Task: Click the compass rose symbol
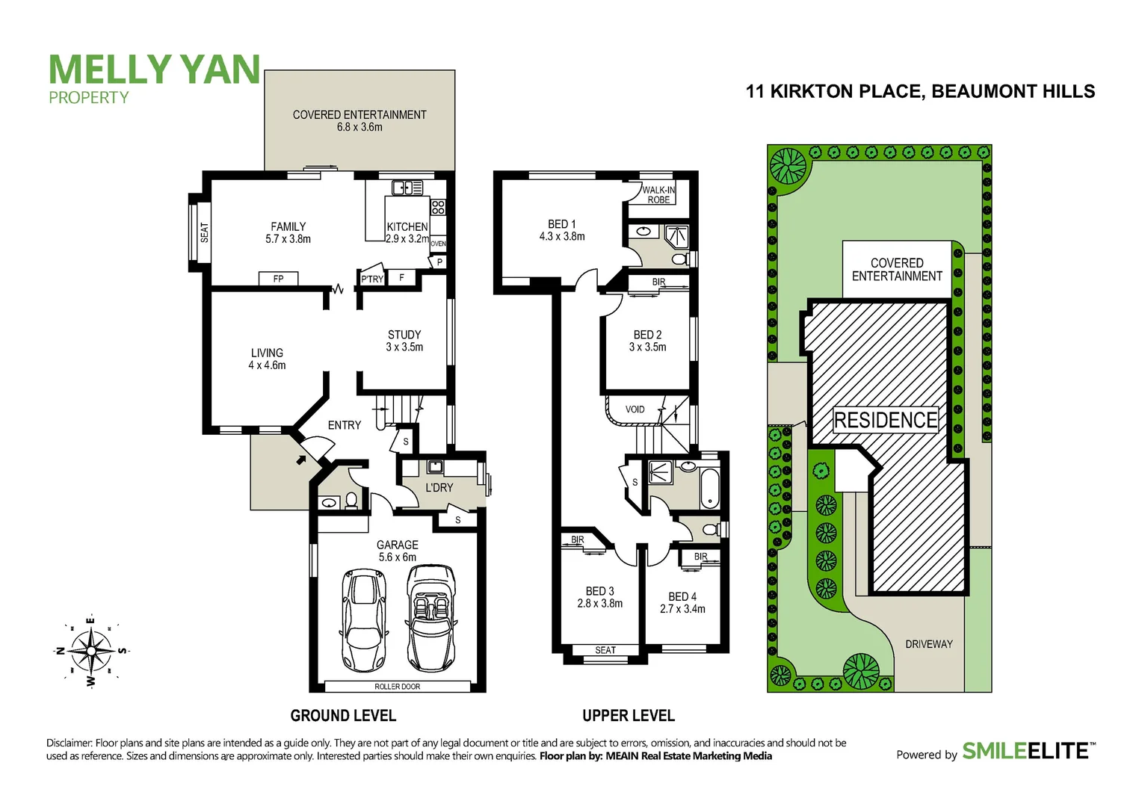(90, 651)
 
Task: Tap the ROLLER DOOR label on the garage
(397, 686)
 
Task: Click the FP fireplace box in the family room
(278, 279)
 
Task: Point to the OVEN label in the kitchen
(438, 244)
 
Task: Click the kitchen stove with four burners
(438, 207)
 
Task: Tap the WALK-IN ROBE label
(658, 195)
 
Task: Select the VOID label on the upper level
(635, 409)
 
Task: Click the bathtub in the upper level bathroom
(709, 489)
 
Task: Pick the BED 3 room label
(599, 597)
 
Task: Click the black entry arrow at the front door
(301, 460)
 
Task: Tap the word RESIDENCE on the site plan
(886, 420)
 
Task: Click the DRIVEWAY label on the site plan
(928, 644)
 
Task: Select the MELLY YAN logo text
(154, 70)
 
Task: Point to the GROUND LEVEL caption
(343, 716)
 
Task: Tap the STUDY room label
(404, 341)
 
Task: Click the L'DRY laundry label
(439, 487)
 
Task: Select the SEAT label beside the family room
(204, 232)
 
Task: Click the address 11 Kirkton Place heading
(920, 91)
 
